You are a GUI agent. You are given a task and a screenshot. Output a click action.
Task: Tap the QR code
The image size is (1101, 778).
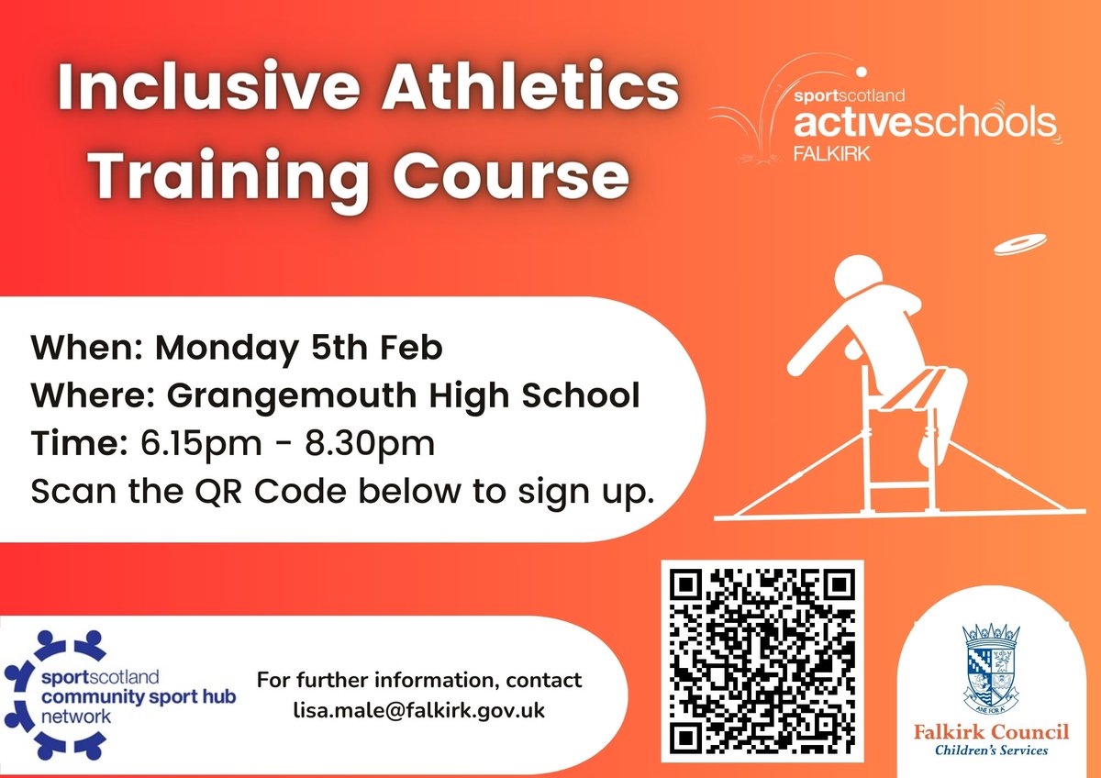pyautogui.click(x=762, y=661)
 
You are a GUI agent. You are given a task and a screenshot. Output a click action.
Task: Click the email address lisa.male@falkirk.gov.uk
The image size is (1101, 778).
pyautogui.click(x=418, y=711)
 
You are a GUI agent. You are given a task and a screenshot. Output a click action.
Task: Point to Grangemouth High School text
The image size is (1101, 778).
pyautogui.click(x=404, y=396)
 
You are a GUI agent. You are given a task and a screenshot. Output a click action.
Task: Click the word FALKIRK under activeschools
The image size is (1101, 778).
pyautogui.click(x=831, y=151)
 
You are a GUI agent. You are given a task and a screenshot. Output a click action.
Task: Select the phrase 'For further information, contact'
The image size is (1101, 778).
pyautogui.click(x=418, y=681)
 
